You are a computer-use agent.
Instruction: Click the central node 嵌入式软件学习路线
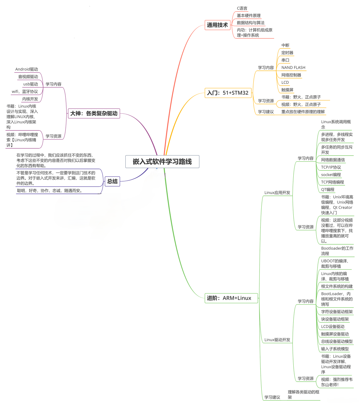tap(162, 162)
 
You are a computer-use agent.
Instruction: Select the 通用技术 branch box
tap(217, 25)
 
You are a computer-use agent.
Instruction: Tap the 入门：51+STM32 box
tap(228, 93)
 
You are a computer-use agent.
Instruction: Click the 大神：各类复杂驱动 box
tap(94, 113)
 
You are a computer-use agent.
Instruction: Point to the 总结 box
tap(112, 181)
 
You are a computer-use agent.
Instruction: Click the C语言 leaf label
tap(242, 8)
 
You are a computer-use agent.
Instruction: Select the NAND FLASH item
tap(293, 67)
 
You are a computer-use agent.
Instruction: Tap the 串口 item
tap(285, 60)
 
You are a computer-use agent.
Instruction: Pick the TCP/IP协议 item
tap(331, 167)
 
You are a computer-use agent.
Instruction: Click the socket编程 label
tap(331, 175)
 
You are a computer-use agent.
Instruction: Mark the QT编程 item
tap(328, 189)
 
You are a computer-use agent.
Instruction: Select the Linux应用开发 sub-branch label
tap(277, 192)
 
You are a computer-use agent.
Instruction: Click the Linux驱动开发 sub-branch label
tap(277, 340)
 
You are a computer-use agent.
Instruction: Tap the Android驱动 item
tap(27, 69)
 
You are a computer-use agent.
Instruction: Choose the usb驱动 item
tap(31, 84)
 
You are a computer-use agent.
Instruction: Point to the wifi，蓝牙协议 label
tap(25, 91)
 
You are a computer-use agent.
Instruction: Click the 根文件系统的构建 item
tap(337, 286)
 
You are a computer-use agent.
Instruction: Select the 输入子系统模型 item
tap(335, 349)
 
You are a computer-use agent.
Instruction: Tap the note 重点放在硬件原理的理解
tap(303, 112)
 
